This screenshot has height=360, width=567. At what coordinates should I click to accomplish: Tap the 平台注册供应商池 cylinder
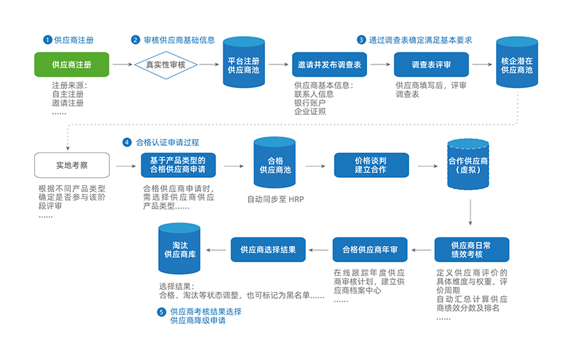click(243, 65)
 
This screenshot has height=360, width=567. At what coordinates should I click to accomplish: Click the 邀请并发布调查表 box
click(330, 64)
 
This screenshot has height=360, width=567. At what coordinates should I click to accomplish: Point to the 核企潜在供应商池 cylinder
click(516, 64)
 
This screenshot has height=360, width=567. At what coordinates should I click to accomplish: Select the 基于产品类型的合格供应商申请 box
click(178, 166)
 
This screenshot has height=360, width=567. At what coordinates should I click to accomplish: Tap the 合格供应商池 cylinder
click(274, 165)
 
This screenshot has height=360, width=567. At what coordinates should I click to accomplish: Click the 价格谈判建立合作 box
click(371, 166)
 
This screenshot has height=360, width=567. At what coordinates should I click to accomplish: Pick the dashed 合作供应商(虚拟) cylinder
click(468, 165)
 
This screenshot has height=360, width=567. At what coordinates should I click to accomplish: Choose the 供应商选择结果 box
click(268, 249)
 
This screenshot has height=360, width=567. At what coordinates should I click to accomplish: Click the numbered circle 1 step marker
click(48, 40)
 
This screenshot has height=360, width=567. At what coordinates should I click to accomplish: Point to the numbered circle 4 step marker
click(127, 142)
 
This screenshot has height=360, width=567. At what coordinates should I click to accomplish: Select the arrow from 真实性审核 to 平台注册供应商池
click(208, 64)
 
